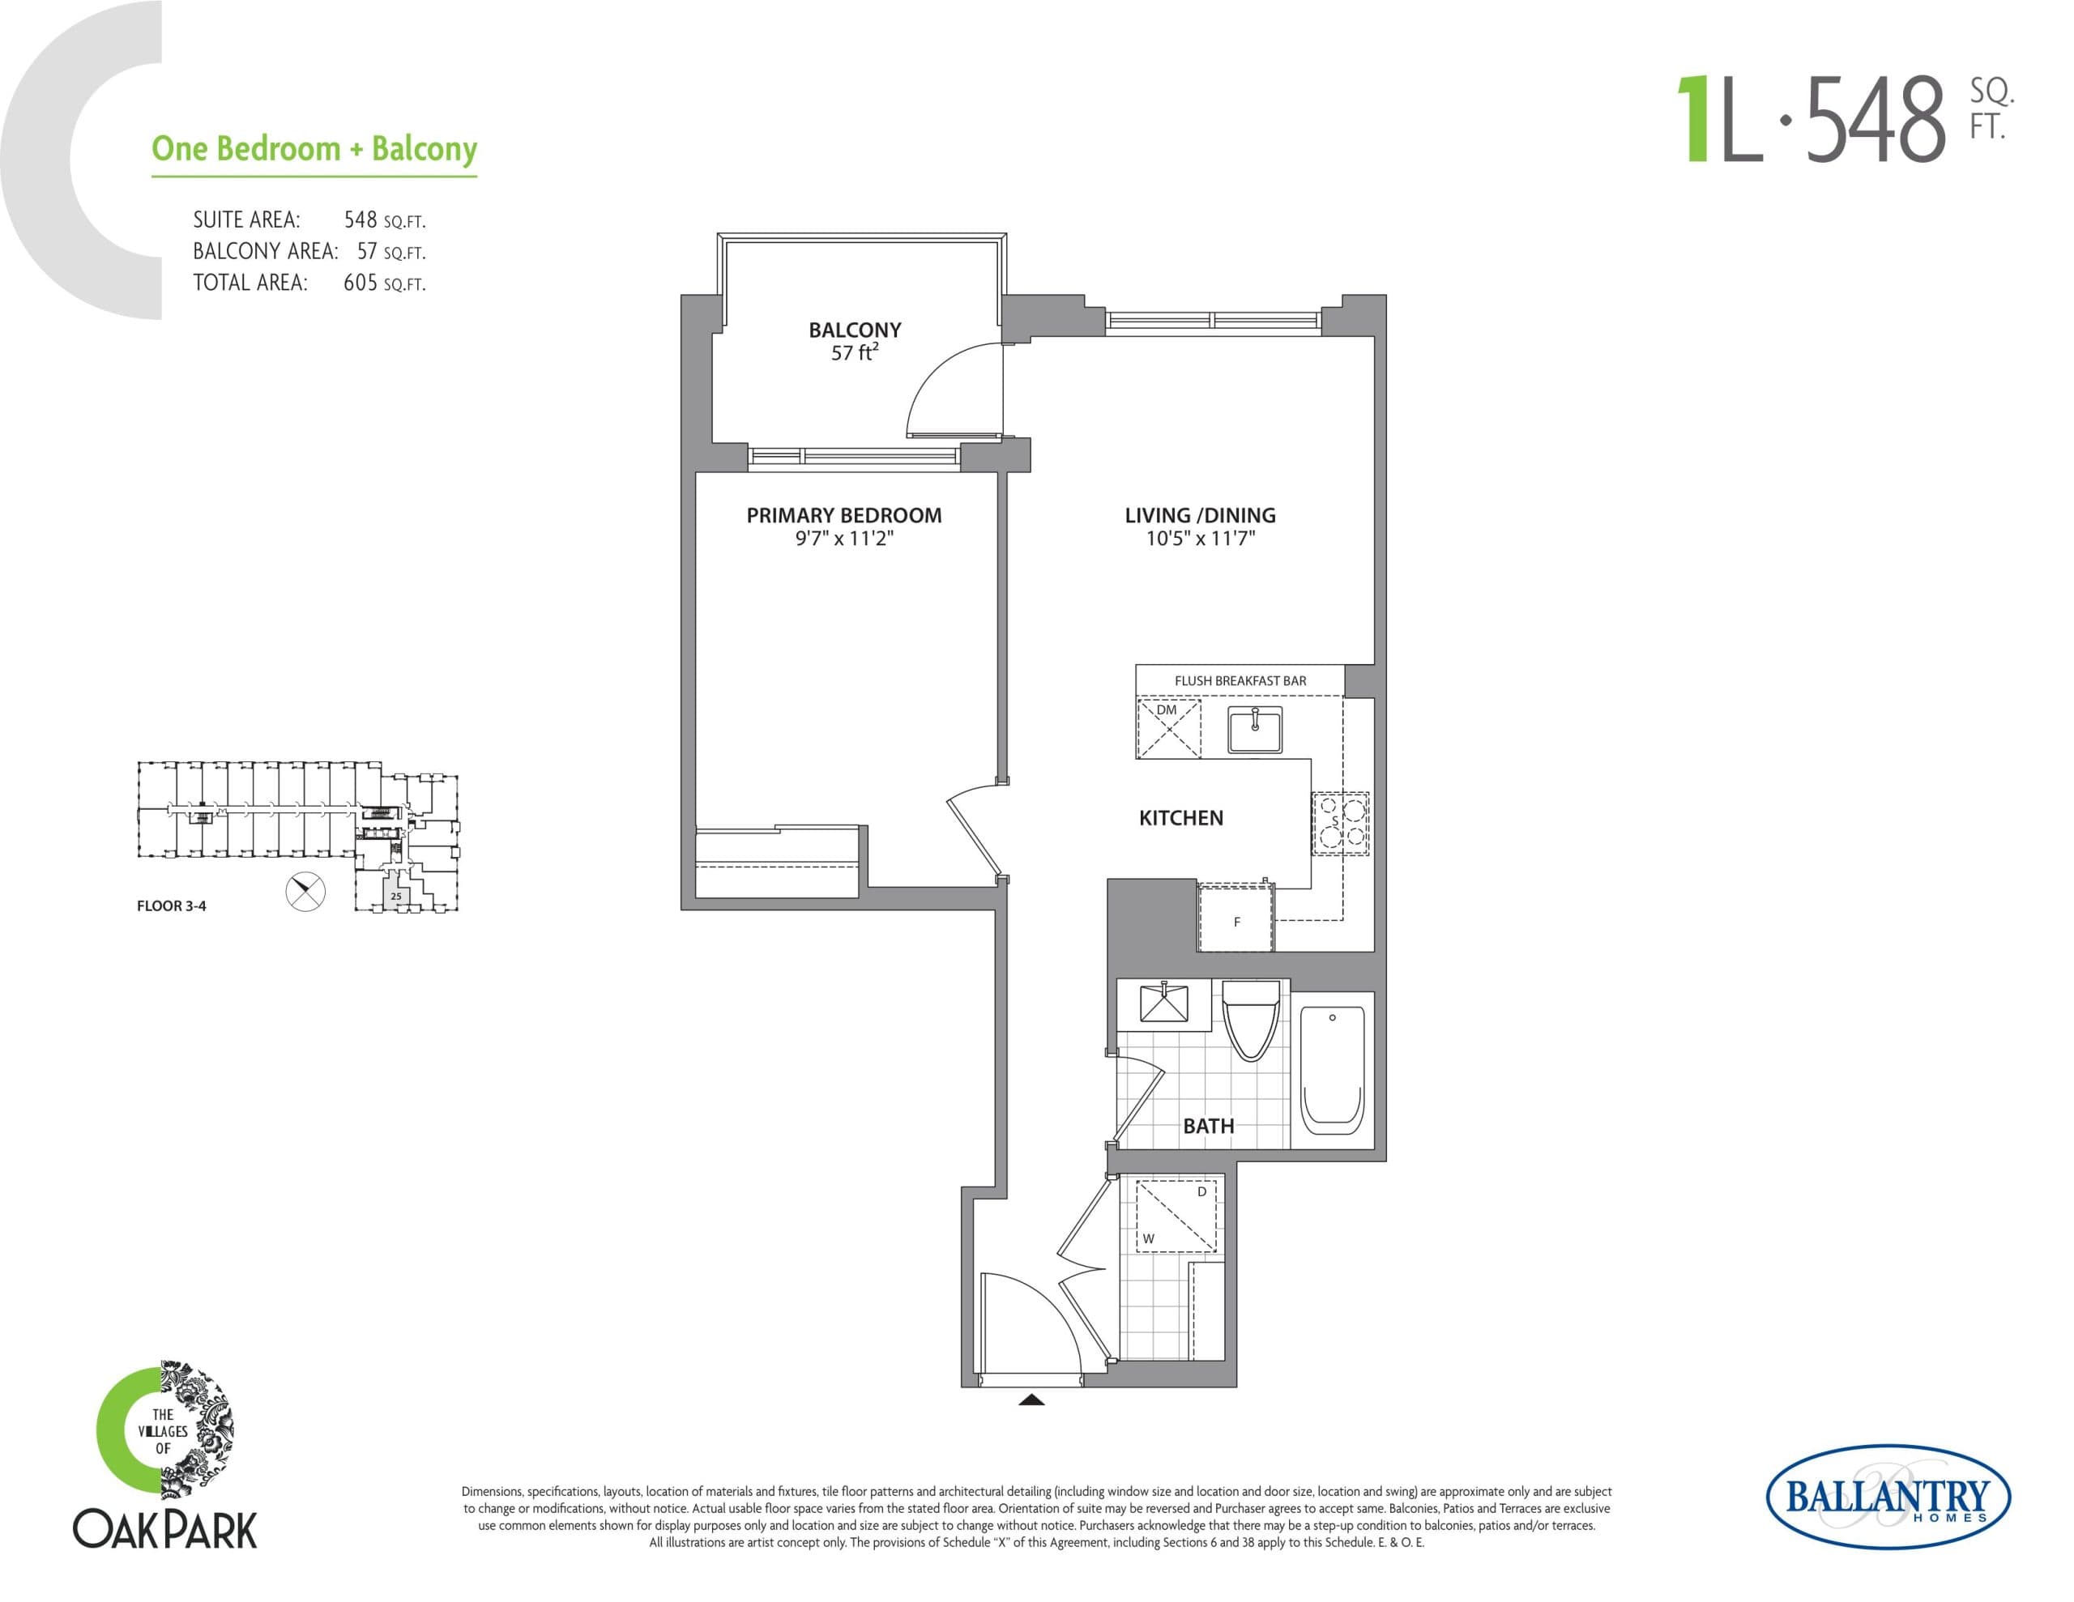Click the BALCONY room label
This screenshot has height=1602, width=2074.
coord(854,330)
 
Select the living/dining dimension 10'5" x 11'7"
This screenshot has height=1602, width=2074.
coord(1201,539)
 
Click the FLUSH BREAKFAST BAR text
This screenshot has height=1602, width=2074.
coord(1240,681)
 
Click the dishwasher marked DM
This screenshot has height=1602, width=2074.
coord(1169,728)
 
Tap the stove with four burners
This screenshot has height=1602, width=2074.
coord(1340,824)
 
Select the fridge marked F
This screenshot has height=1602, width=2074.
coord(1235,918)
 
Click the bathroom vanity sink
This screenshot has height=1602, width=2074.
coord(1163,1003)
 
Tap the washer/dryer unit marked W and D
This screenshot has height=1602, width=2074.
coord(1176,1216)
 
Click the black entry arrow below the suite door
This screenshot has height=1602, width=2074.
coord(1031,1399)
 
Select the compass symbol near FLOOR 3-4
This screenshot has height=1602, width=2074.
coord(305,892)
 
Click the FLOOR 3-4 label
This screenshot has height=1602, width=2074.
coord(171,906)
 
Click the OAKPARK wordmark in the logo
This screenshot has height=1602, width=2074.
coord(165,1530)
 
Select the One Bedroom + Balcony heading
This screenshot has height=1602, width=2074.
coord(314,149)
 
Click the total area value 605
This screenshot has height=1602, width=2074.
coord(360,282)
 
